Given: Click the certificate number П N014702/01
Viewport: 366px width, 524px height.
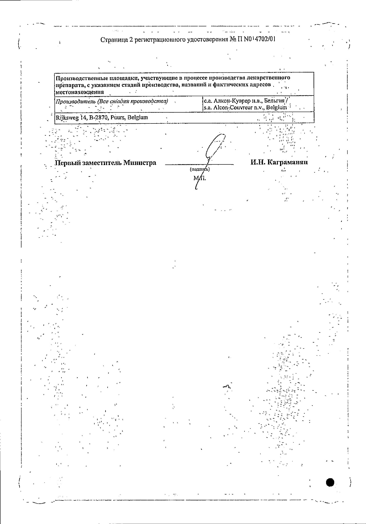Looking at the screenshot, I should pyautogui.click(x=257, y=39).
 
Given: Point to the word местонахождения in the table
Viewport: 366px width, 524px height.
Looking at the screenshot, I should pyautogui.click(x=80, y=92).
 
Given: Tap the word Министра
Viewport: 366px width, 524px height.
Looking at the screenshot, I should pyautogui.click(x=140, y=163).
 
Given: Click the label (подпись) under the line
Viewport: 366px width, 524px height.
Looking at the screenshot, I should pyautogui.click(x=200, y=169).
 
